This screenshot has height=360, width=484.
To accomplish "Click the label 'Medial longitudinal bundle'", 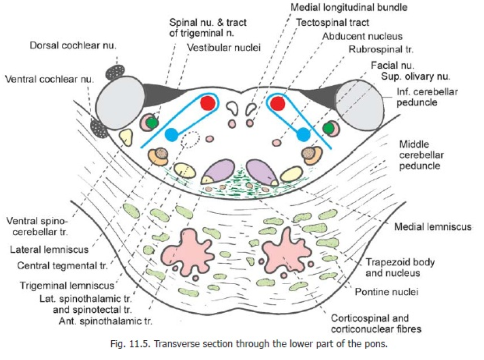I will pos(349,7).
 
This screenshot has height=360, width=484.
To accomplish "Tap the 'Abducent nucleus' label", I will pos(362,36).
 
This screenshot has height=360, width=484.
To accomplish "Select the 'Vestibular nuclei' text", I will pos(224,47).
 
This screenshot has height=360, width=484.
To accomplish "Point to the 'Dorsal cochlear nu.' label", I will pos(73,45).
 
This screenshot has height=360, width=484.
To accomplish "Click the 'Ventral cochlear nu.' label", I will pos(49,79).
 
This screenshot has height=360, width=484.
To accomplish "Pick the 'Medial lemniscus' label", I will pos(433,226).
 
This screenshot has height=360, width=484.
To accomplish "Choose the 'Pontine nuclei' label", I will pos(386,292).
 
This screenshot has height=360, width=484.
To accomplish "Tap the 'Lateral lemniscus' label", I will pos(49,249).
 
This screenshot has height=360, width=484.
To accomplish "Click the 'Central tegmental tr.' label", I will pos(62,266).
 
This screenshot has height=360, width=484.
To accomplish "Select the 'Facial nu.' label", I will pos(392,65).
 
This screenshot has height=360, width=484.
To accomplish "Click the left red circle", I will pos(207,103).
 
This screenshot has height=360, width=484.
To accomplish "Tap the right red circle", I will pos(277,103).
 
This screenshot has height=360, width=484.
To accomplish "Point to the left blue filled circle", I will pos(171,135).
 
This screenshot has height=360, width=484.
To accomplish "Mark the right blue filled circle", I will pos(303,135).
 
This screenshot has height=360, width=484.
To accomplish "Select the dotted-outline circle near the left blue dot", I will pos(190,139).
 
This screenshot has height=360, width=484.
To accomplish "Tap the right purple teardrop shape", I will pos(262,172).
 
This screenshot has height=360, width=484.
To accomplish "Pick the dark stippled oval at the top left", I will pos(115,72).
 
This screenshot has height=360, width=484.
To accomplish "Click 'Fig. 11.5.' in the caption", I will pos(130,344).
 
